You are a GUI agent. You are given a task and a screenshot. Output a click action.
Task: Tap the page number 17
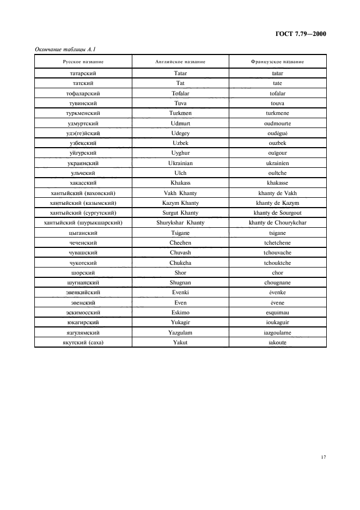click(323, 457)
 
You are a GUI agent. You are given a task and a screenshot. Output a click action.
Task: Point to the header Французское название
click(277, 62)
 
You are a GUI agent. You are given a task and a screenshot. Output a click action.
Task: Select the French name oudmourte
click(277, 123)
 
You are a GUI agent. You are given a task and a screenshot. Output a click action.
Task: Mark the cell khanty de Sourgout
click(277, 212)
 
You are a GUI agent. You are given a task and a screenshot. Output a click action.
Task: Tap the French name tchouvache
click(277, 253)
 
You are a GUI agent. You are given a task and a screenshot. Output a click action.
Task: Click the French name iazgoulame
click(277, 332)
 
